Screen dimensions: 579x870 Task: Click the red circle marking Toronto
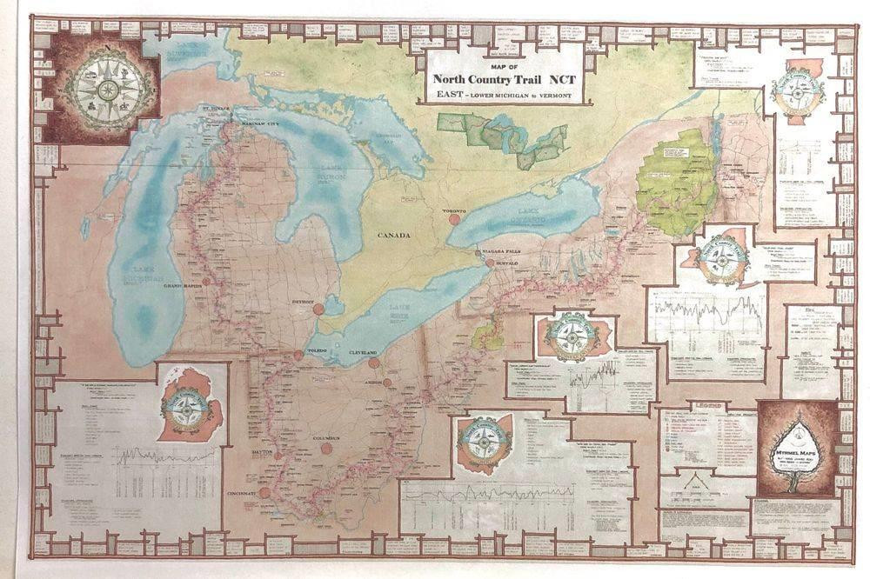click(454, 219)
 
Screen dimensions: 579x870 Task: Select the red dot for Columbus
click(326, 449)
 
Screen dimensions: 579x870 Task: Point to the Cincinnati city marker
click(264, 495)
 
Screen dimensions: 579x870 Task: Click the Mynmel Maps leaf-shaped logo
click(797, 449)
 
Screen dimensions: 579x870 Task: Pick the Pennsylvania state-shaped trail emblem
click(570, 338)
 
